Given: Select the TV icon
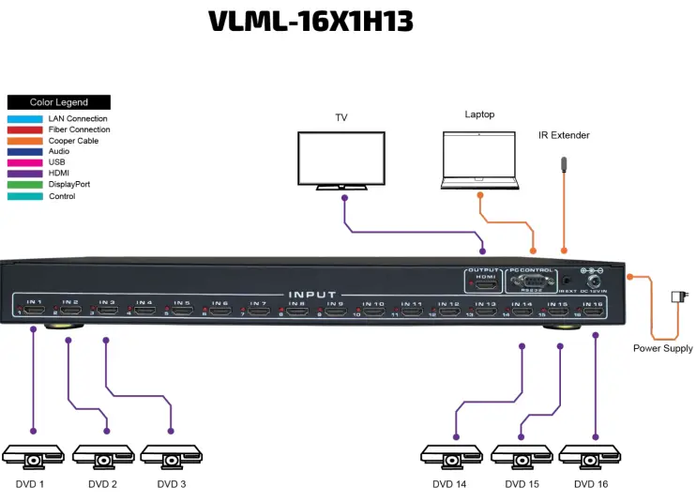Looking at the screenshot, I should [341, 160].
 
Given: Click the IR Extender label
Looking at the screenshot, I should [564, 135].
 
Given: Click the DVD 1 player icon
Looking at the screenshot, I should [33, 457].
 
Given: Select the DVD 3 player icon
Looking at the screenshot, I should [171, 457].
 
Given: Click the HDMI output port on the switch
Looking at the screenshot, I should [483, 281].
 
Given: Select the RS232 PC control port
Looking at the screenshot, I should [532, 280].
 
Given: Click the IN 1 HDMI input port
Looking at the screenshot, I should [35, 308].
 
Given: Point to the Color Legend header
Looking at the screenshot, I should [58, 102].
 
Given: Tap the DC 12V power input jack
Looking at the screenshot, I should [595, 280].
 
